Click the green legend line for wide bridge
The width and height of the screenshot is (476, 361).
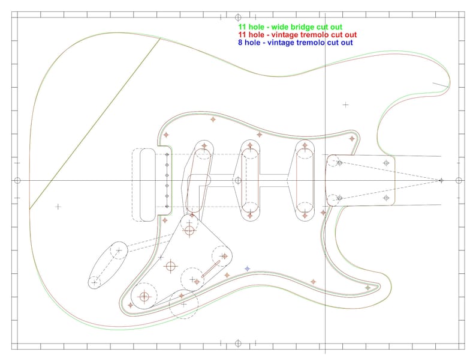click(290, 28)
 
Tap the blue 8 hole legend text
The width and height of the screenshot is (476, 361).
click(295, 43)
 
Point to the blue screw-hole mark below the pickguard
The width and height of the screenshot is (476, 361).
click(247, 268)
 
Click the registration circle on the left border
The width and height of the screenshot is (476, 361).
click(17, 181)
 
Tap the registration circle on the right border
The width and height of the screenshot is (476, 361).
click(459, 181)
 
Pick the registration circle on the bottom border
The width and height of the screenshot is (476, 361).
click(238, 344)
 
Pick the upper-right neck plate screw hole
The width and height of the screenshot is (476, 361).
click(386, 162)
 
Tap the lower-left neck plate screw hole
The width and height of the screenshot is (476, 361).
click(339, 198)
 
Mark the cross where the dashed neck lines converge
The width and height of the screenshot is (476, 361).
click(441, 180)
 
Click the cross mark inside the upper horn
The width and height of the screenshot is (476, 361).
click(345, 105)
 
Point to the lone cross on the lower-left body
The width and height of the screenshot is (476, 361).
click(58, 207)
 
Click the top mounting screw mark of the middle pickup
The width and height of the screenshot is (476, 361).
click(251, 146)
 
